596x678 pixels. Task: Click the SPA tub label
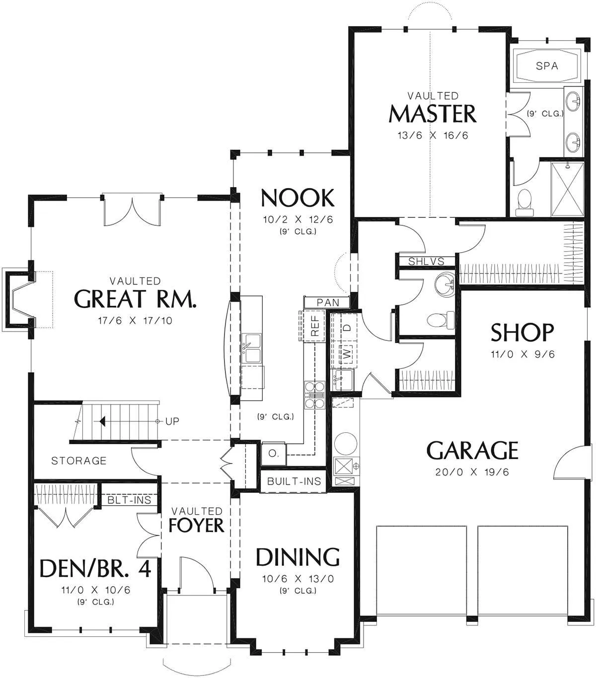click(x=547, y=66)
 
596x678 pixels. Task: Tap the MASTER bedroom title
click(x=433, y=114)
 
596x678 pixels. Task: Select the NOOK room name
click(x=298, y=198)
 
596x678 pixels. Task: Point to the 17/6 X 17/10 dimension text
click(x=135, y=321)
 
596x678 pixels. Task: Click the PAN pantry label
click(x=328, y=303)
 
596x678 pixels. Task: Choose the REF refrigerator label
click(x=315, y=326)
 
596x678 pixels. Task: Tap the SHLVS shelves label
click(x=426, y=262)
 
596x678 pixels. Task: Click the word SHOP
click(x=522, y=333)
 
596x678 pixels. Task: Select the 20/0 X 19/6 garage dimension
click(x=472, y=472)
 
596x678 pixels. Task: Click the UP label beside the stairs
click(x=172, y=421)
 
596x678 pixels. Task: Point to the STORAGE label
click(x=78, y=461)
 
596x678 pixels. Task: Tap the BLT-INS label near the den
click(x=129, y=500)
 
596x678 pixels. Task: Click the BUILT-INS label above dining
click(x=294, y=481)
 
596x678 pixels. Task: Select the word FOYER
click(x=196, y=526)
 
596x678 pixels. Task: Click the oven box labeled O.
click(x=274, y=454)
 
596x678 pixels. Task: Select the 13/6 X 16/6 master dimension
click(x=433, y=136)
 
